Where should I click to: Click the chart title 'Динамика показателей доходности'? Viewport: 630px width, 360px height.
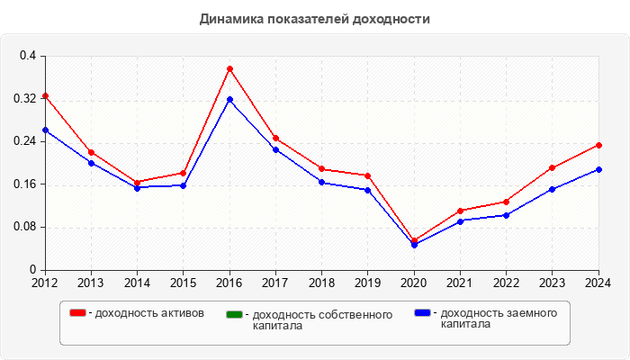point(315,19)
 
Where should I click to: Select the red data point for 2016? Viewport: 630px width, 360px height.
point(229,69)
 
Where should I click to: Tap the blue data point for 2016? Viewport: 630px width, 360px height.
point(229,99)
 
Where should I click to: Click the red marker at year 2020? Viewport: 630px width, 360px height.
point(414,240)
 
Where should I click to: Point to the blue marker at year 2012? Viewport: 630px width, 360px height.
point(45,130)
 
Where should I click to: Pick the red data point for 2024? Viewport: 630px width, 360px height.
point(598,145)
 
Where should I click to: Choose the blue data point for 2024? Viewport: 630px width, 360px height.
point(598,169)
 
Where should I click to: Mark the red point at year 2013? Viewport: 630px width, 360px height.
point(91,152)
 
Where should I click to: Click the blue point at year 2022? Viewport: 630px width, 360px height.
point(506,215)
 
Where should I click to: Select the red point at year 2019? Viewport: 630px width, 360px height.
point(368,175)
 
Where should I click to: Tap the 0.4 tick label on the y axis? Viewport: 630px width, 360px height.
point(28,56)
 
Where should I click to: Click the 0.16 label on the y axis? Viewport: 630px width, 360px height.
point(25,184)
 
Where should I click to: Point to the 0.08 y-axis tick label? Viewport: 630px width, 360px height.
point(25,227)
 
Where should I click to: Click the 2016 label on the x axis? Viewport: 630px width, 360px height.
point(229,283)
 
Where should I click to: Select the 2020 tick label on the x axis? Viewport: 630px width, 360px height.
point(414,283)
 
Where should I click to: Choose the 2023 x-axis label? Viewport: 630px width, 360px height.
point(552,283)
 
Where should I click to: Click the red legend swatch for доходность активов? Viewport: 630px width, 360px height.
point(78,313)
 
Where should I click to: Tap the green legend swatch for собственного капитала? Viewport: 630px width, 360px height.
point(235,315)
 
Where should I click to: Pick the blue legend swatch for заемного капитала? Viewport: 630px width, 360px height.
point(422,313)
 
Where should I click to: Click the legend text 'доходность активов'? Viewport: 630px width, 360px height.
point(149,313)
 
